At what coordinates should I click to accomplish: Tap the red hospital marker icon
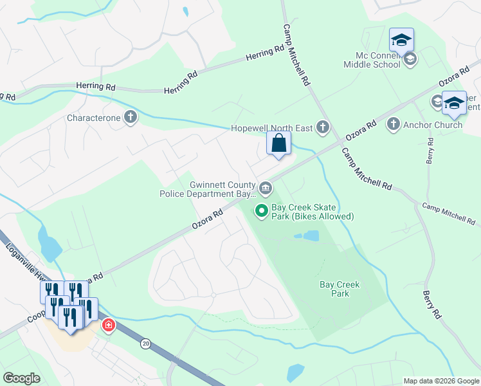pos(109,325)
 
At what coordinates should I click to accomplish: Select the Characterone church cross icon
pos(131,118)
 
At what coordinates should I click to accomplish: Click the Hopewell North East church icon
pos(323,128)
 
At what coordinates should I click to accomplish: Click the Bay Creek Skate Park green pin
pos(262,210)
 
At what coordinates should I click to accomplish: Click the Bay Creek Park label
pos(340,289)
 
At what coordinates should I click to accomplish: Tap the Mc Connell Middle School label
pos(373,60)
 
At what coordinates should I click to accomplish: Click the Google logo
pos(21,378)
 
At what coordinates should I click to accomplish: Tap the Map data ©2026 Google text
pos(440,381)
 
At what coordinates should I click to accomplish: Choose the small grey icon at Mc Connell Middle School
pos(410,60)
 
